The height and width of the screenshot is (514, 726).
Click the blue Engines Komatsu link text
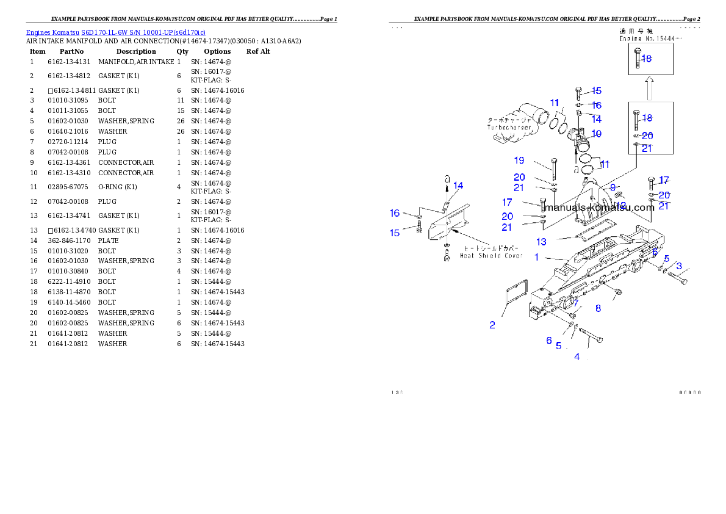pyautogui.click(x=115, y=32)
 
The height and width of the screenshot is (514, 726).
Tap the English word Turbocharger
pyautogui.click(x=509, y=128)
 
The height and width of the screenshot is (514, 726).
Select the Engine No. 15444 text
pyautogui.click(x=650, y=38)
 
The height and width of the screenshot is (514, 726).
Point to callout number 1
pyautogui.click(x=537, y=257)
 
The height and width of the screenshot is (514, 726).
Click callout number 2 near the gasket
pyautogui.click(x=492, y=325)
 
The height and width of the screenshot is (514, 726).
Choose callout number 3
pyautogui.click(x=679, y=266)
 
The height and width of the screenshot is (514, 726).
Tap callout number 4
pyautogui.click(x=577, y=357)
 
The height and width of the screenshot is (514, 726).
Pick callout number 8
pyautogui.click(x=598, y=308)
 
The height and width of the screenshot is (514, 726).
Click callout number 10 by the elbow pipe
pyautogui.click(x=596, y=134)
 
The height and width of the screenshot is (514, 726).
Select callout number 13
pyautogui.click(x=541, y=242)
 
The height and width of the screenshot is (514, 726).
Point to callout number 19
pyautogui.click(x=519, y=161)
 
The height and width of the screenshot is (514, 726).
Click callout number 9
pyautogui.click(x=613, y=187)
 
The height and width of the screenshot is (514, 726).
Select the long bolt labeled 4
pyautogui.click(x=589, y=336)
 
